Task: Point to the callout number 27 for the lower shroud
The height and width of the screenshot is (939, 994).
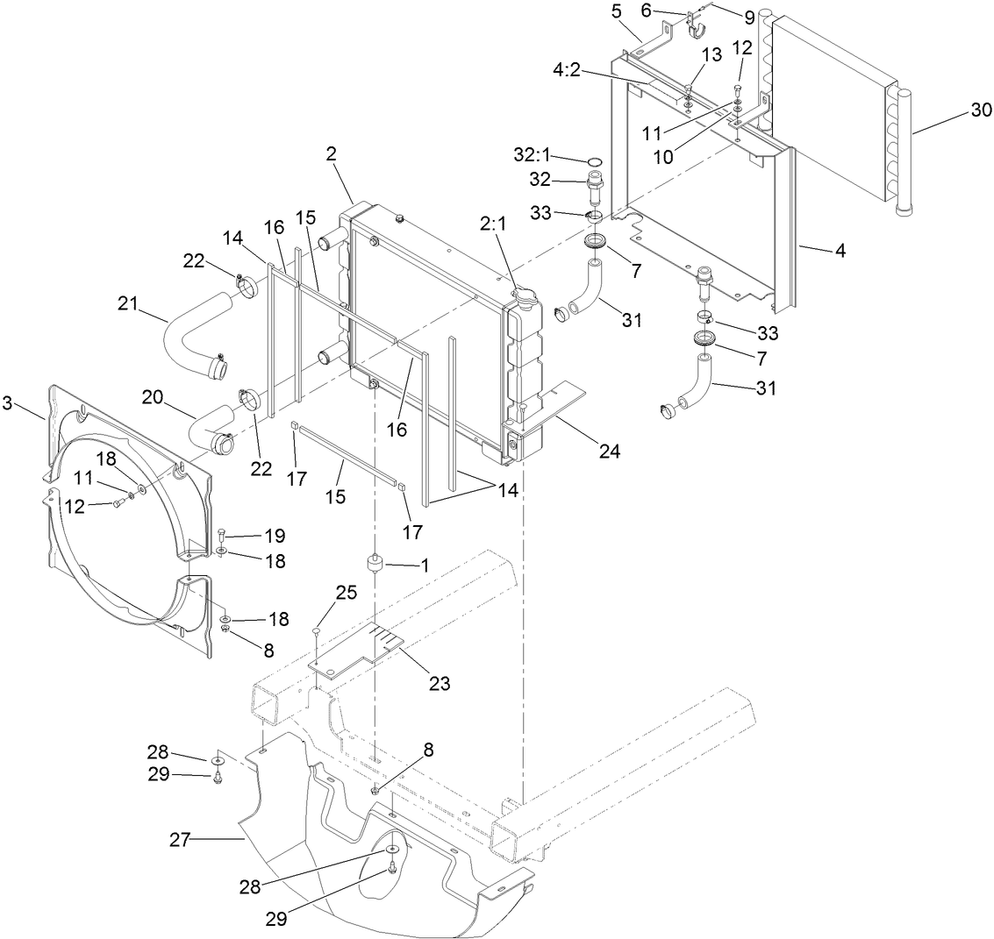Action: point(180,840)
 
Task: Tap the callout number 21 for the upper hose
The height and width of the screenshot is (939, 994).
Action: point(129,303)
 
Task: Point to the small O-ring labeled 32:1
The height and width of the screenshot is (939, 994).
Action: point(594,162)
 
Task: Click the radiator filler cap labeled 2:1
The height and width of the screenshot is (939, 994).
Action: point(524,297)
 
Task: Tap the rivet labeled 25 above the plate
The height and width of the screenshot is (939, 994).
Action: point(315,630)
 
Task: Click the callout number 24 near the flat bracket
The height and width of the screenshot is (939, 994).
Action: point(609,452)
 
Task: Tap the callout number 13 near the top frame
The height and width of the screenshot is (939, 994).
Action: point(711,55)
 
